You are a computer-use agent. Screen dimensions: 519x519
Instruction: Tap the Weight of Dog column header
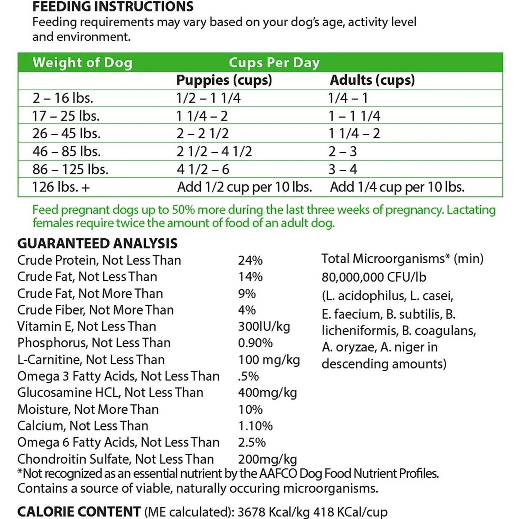click(x=82, y=63)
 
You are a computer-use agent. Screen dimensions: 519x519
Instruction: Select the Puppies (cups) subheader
click(x=224, y=80)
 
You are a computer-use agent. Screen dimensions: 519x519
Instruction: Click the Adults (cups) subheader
click(x=372, y=80)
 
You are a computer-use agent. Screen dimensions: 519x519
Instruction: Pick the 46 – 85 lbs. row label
click(x=66, y=152)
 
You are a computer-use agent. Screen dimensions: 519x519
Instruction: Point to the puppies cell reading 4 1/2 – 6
click(x=203, y=170)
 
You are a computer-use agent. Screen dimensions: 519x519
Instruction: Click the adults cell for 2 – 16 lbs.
click(x=348, y=98)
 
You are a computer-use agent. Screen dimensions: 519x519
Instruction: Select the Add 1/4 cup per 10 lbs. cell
click(x=397, y=187)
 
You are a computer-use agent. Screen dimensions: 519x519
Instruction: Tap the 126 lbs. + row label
click(x=61, y=187)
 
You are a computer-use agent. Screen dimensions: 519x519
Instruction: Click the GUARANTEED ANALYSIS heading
click(x=97, y=244)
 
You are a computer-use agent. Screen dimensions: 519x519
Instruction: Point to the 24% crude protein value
click(x=250, y=260)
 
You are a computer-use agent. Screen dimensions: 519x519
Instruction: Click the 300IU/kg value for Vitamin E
click(x=264, y=326)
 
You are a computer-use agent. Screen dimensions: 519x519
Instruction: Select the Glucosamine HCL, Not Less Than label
click(x=110, y=393)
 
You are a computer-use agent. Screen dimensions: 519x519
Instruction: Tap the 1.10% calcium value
click(x=255, y=426)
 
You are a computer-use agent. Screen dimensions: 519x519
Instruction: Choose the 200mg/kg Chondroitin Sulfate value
click(x=267, y=459)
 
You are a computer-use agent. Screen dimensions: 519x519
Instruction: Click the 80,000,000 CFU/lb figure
click(x=374, y=277)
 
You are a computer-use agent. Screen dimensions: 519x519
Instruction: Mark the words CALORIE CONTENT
click(x=79, y=512)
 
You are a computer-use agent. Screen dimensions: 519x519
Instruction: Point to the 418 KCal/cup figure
click(x=350, y=512)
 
